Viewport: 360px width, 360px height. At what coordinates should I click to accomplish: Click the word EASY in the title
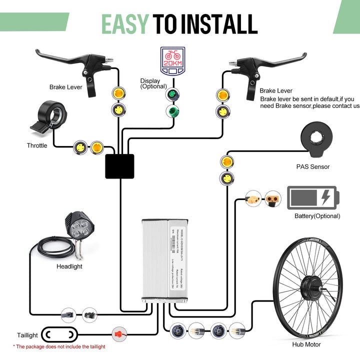click(x=125, y=23)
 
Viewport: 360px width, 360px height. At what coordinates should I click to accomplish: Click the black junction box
click(x=119, y=166)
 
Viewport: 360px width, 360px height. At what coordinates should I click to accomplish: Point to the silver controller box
click(x=164, y=259)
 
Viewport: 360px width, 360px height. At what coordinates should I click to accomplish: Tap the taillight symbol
click(x=59, y=333)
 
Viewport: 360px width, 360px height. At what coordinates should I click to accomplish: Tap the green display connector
click(x=172, y=111)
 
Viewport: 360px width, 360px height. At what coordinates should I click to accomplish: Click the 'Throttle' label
click(x=37, y=146)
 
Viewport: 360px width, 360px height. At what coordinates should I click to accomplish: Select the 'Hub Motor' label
click(x=306, y=344)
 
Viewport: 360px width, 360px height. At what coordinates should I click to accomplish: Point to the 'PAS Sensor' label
click(x=313, y=167)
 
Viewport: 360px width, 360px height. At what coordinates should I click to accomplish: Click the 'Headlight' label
click(x=69, y=266)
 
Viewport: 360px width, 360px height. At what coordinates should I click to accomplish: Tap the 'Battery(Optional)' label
click(x=317, y=216)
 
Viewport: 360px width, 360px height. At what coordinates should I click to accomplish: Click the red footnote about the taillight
click(x=59, y=346)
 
